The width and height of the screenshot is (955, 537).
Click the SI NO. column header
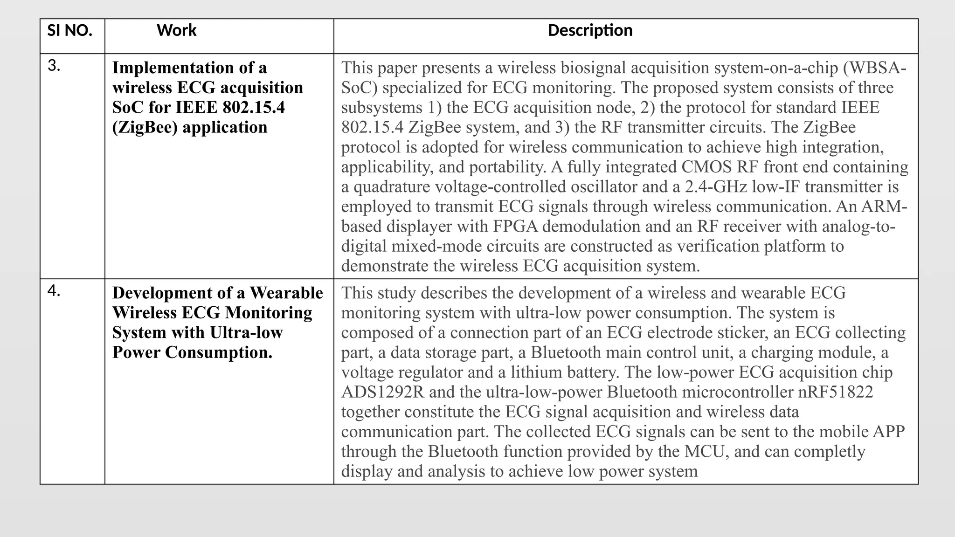coord(69,31)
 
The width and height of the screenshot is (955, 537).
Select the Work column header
coord(176,31)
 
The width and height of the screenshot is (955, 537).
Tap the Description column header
coord(590,31)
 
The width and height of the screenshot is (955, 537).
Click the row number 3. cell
coord(54,66)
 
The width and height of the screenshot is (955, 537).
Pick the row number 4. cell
coord(54,291)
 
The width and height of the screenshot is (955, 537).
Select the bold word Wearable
coord(286,293)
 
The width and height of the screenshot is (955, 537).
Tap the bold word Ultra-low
coord(246,332)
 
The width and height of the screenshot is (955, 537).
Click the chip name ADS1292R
coord(382,392)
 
